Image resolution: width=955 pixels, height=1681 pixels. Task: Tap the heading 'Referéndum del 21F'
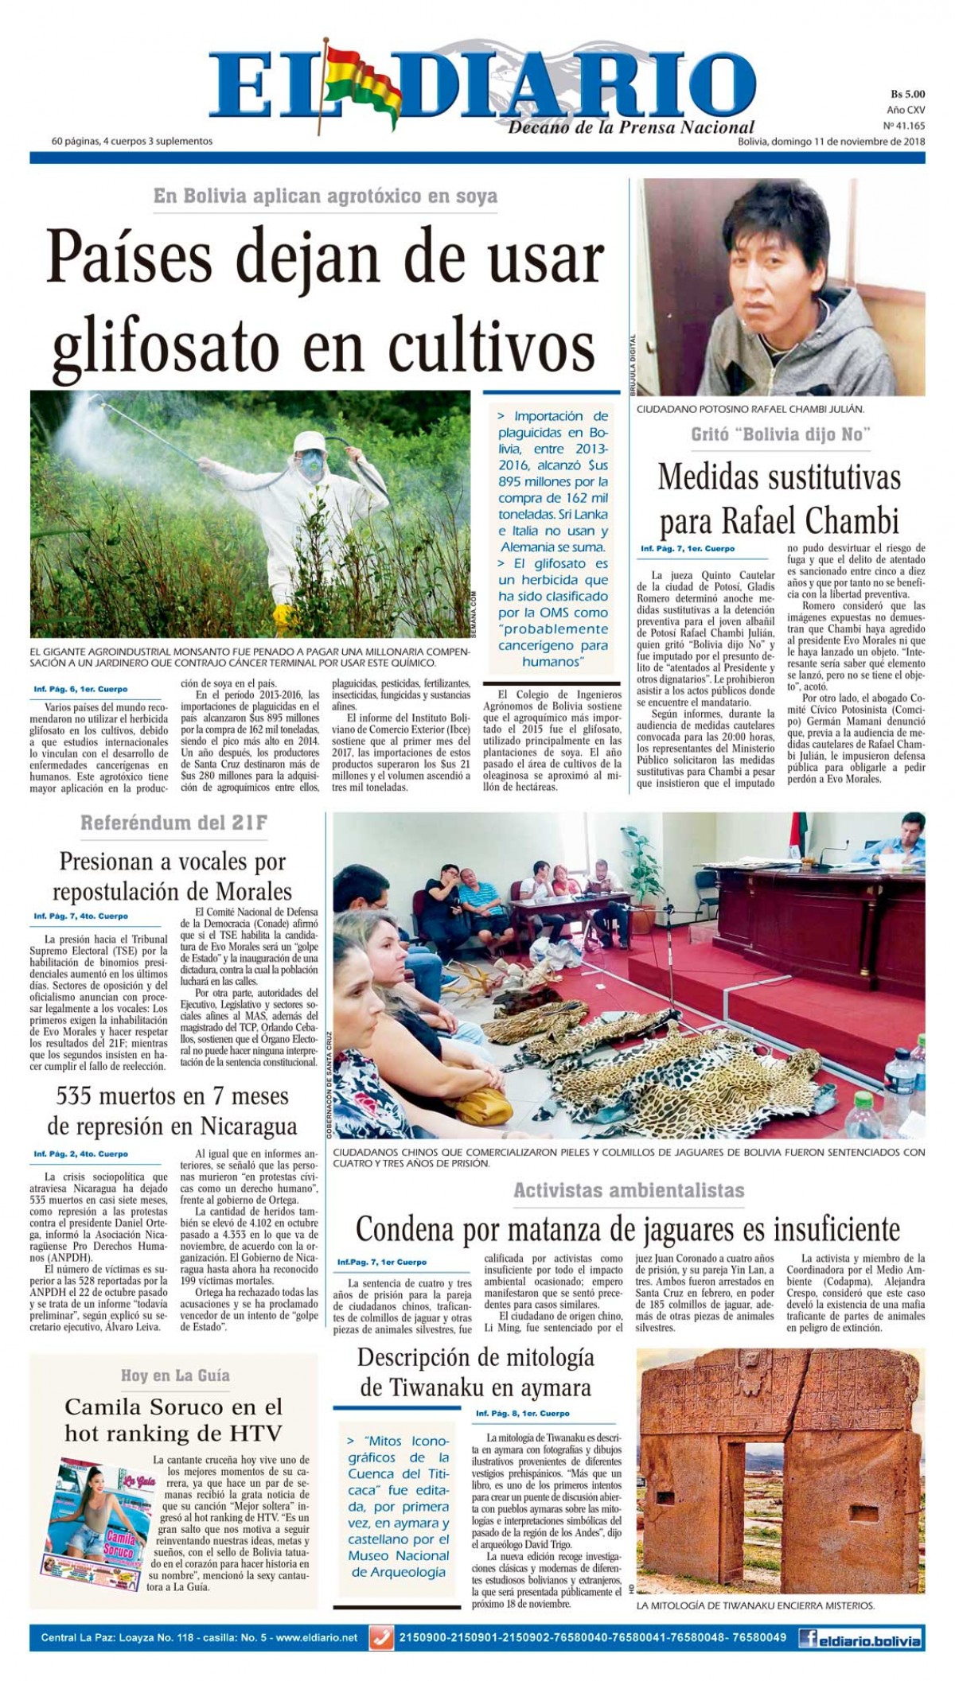(x=173, y=823)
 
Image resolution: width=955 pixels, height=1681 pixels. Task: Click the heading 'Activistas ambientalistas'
(x=629, y=1190)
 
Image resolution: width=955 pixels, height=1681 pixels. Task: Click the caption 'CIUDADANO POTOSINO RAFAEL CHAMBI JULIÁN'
(x=748, y=409)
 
